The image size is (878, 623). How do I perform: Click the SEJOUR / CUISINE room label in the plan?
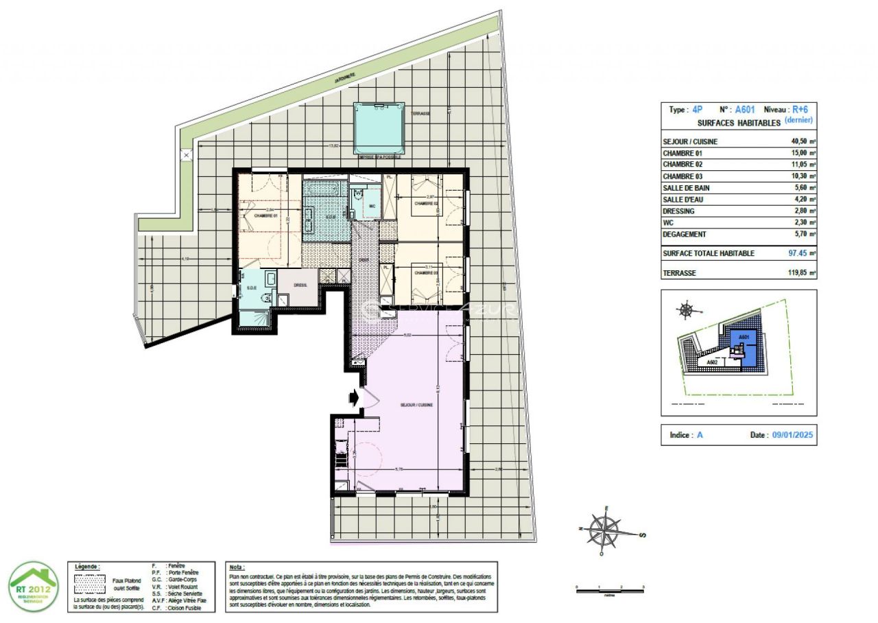[416, 405]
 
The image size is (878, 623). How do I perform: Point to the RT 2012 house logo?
[33, 585]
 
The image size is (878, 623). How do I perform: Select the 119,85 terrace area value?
[800, 272]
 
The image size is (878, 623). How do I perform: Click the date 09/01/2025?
[792, 436]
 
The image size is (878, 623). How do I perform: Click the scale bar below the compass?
[610, 589]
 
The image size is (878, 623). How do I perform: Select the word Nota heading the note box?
[237, 568]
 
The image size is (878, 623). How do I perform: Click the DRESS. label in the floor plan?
[300, 285]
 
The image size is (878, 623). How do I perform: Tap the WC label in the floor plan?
[372, 206]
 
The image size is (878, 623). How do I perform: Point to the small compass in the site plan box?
[686, 310]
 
